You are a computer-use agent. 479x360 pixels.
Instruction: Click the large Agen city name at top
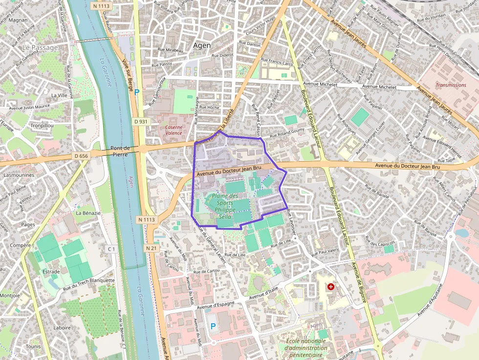tap(202, 45)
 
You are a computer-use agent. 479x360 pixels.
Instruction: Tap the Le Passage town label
tap(40, 47)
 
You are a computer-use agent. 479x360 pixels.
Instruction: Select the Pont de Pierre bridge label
tap(120, 151)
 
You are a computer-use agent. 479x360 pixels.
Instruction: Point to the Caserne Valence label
tap(174, 130)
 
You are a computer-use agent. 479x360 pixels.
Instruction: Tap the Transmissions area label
tap(451, 85)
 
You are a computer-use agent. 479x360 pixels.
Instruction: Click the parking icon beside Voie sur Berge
tap(137, 91)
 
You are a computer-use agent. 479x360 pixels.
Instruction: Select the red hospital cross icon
tap(331, 287)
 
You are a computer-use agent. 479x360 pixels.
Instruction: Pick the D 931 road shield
tap(140, 121)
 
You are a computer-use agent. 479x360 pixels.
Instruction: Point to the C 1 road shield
tap(111, 249)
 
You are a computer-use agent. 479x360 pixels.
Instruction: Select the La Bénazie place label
tap(88, 213)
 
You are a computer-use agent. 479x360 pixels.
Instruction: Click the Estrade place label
tap(51, 272)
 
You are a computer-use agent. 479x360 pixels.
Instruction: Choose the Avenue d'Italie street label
tap(264, 295)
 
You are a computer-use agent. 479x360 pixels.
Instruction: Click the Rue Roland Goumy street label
tap(287, 132)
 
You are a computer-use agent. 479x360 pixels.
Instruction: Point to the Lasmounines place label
tap(19, 174)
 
